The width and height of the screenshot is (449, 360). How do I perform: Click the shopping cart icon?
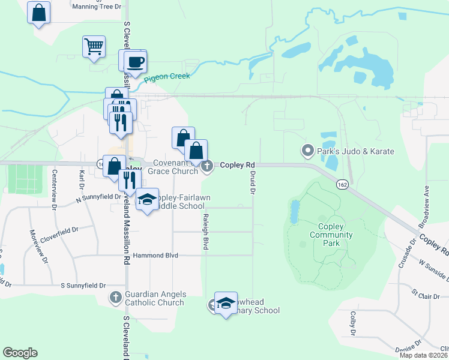(x=94, y=46)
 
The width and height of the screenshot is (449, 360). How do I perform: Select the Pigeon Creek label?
(x=167, y=76)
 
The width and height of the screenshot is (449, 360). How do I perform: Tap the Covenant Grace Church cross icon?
(x=207, y=166)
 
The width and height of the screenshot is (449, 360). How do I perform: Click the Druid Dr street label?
(x=253, y=182)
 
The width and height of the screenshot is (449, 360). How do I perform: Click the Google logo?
(x=20, y=353)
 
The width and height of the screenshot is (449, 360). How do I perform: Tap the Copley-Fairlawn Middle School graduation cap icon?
(x=147, y=199)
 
